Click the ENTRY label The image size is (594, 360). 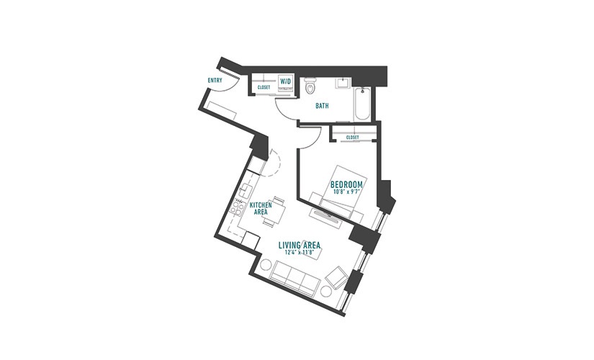click(x=215, y=81)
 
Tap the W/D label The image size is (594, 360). click(x=285, y=81)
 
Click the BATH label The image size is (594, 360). click(x=322, y=106)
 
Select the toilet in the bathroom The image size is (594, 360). click(x=310, y=86)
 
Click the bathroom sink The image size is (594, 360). click(x=343, y=84)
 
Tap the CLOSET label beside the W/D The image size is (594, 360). click(x=264, y=88)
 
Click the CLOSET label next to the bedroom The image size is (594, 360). click(x=352, y=138)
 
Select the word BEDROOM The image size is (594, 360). click(x=346, y=185)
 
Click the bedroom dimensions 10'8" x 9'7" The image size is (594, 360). click(x=346, y=192)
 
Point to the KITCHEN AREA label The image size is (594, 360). click(x=261, y=208)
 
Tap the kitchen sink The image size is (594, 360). click(x=247, y=189)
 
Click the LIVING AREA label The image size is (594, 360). click(x=300, y=246)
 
